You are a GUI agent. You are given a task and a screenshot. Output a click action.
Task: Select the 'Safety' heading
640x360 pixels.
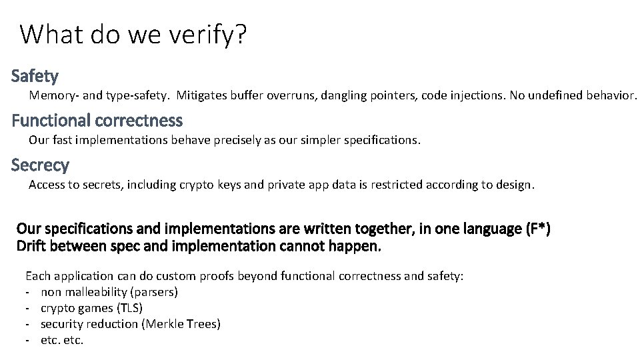35,77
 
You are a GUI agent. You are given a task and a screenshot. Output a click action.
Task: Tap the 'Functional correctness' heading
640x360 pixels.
97,121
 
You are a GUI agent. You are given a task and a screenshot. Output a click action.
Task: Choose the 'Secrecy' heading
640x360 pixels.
40,165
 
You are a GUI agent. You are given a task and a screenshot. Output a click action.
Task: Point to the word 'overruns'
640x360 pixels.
292,95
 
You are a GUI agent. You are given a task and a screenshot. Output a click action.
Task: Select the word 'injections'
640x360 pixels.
476,95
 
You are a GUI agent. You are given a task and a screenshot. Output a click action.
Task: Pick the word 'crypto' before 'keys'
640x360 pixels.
197,185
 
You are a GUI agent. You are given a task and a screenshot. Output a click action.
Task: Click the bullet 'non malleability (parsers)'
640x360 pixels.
109,292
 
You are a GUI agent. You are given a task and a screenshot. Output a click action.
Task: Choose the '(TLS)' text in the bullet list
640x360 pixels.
129,308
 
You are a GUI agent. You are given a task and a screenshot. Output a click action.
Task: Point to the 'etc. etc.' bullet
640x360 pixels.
62,340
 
